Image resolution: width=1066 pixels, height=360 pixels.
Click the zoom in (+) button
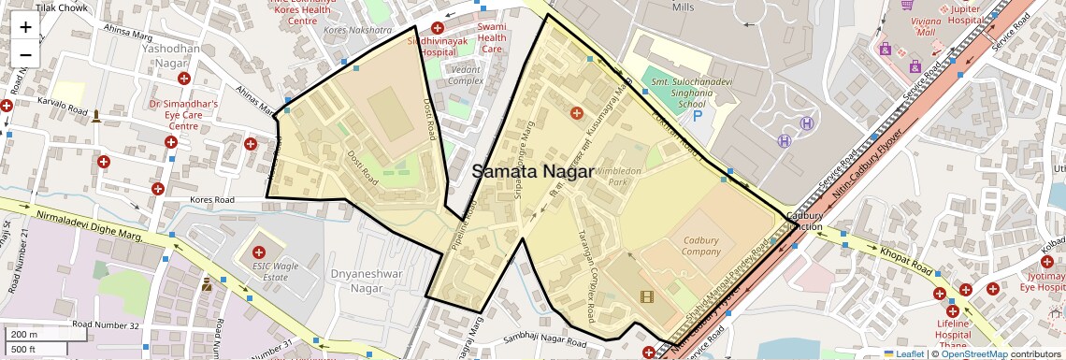click(x=25, y=26)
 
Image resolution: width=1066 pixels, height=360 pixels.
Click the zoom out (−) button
click(x=25, y=54)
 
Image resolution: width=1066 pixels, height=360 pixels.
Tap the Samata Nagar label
click(x=533, y=172)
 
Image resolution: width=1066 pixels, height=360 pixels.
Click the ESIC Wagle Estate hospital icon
click(x=260, y=252)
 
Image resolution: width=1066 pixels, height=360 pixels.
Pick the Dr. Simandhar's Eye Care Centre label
click(x=183, y=115)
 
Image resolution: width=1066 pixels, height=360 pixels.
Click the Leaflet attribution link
click(x=903, y=353)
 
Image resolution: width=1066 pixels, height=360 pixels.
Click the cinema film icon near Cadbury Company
click(x=647, y=296)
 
